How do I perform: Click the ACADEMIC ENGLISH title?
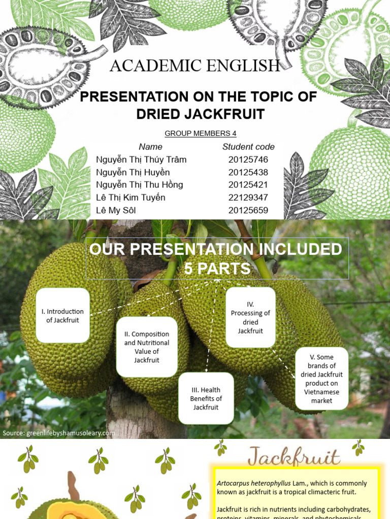point(195,66)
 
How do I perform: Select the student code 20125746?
point(248,160)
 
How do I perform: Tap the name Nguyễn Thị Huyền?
point(133,172)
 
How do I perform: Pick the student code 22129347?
point(248,198)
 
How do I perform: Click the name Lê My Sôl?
point(116,210)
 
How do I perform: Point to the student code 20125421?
point(248,185)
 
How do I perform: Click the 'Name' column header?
point(150,147)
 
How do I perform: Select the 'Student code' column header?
point(248,147)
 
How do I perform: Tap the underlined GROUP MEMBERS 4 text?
point(200,134)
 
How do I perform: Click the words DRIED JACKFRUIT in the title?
point(201,114)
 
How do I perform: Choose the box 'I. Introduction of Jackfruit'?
point(63,316)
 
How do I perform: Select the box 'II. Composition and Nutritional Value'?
point(147,347)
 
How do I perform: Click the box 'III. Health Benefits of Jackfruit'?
point(206,398)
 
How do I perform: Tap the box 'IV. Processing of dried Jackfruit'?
point(250,318)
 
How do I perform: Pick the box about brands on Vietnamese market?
point(321,379)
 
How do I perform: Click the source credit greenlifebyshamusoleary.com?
point(58,433)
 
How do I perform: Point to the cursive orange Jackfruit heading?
point(294,458)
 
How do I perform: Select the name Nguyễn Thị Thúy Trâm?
point(141,160)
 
